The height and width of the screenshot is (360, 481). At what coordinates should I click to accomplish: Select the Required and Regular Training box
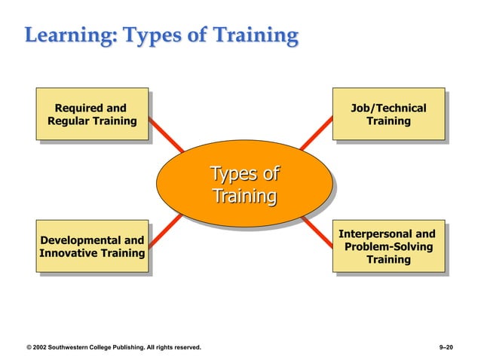click(92, 114)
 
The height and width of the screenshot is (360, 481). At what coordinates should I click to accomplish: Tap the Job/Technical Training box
click(388, 114)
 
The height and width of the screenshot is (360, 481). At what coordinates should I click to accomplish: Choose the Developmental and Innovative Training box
click(92, 247)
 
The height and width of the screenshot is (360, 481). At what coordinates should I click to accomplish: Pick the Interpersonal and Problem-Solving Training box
click(388, 246)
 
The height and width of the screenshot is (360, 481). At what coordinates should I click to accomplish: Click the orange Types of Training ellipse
click(244, 185)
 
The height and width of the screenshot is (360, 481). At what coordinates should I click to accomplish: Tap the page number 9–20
click(446, 347)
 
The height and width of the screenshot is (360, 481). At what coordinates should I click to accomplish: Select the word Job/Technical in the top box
click(388, 108)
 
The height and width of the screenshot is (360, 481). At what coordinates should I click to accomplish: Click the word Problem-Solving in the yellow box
click(389, 246)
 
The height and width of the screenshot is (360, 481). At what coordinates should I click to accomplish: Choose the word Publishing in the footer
click(139, 347)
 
